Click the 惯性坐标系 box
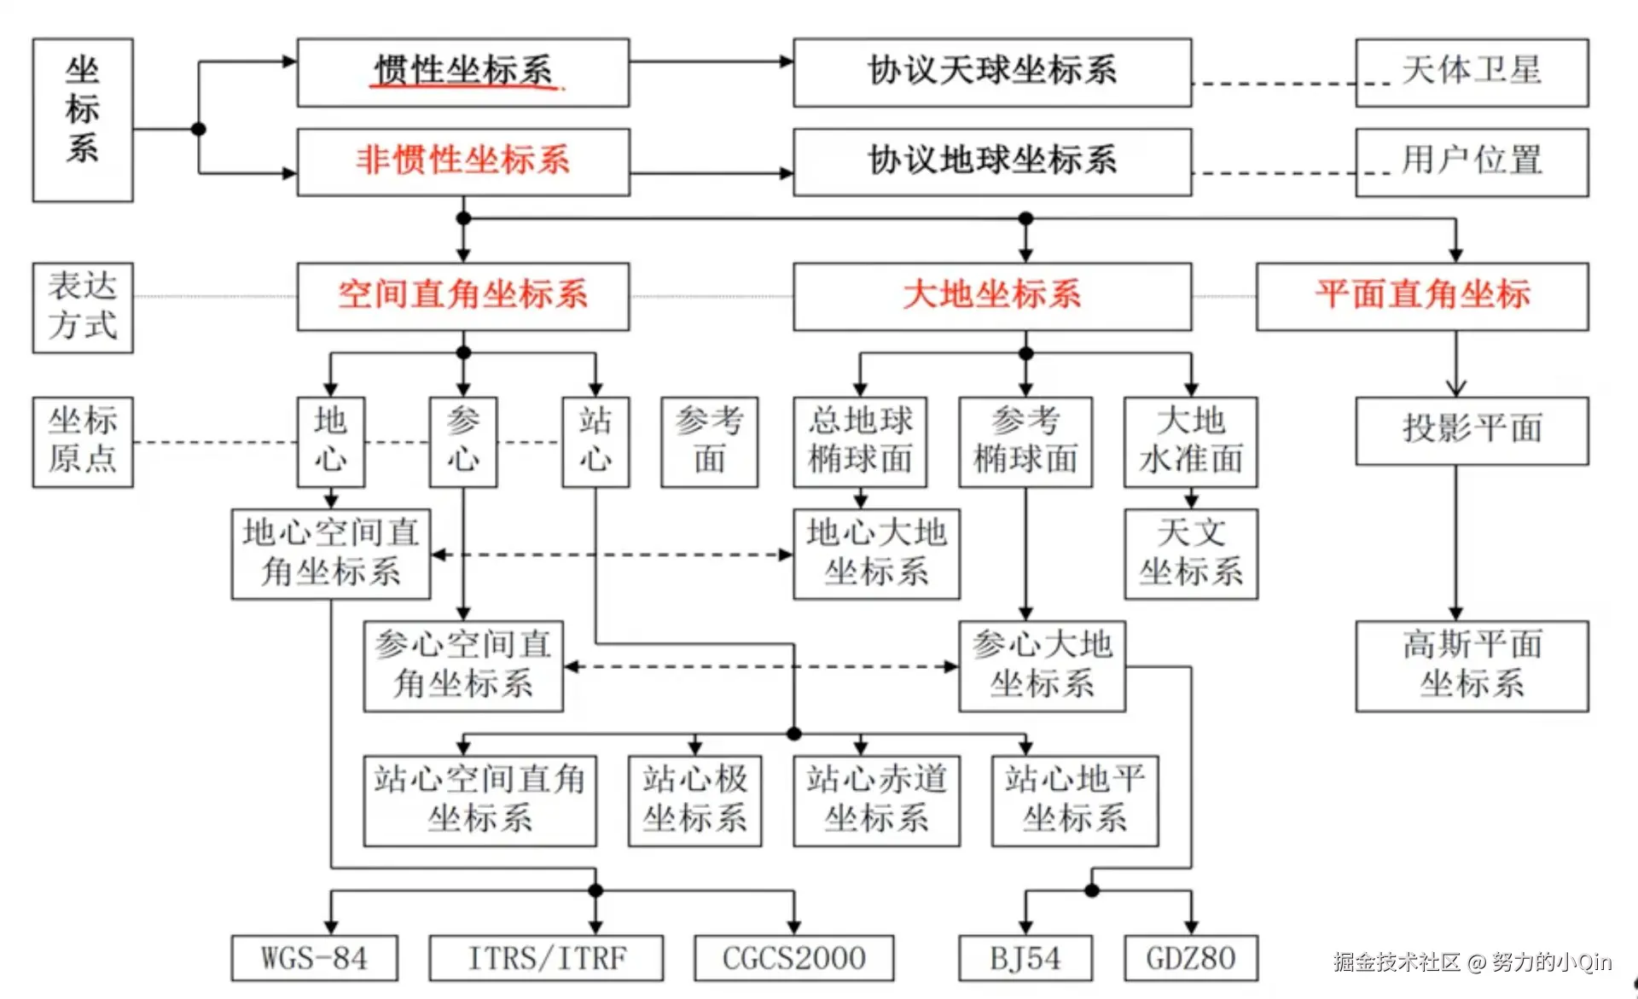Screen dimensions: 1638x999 pyautogui.click(x=463, y=73)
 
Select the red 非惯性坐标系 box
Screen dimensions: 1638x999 pyautogui.click(x=463, y=162)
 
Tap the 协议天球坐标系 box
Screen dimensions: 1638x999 pyautogui.click(x=992, y=73)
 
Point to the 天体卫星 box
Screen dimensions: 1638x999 pyautogui.click(x=1472, y=73)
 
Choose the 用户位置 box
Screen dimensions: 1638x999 pyautogui.click(x=1472, y=162)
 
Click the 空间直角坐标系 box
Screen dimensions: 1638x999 pyautogui.click(x=463, y=296)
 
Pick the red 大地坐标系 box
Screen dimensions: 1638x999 pyautogui.click(x=992, y=296)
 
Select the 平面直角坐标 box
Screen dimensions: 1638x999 pyautogui.click(x=1422, y=296)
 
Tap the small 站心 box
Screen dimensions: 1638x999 pyautogui.click(x=595, y=442)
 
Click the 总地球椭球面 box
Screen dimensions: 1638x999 pyautogui.click(x=860, y=442)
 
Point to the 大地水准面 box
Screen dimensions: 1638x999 pyautogui.click(x=1191, y=442)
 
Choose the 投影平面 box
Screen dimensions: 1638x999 pyautogui.click(x=1472, y=431)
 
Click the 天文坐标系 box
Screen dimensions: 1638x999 pyautogui.click(x=1191, y=555)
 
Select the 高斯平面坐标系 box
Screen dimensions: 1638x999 pyautogui.click(x=1472, y=666)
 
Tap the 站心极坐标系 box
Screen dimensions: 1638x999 pyautogui.click(x=694, y=801)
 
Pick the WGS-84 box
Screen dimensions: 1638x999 pyautogui.click(x=314, y=958)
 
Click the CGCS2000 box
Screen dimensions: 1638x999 pyautogui.click(x=794, y=958)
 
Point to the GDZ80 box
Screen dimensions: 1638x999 pyautogui.click(x=1191, y=958)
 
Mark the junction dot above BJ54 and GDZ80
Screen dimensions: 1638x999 pyautogui.click(x=1092, y=891)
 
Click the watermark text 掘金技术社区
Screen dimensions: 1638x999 pyautogui.click(x=1397, y=962)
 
